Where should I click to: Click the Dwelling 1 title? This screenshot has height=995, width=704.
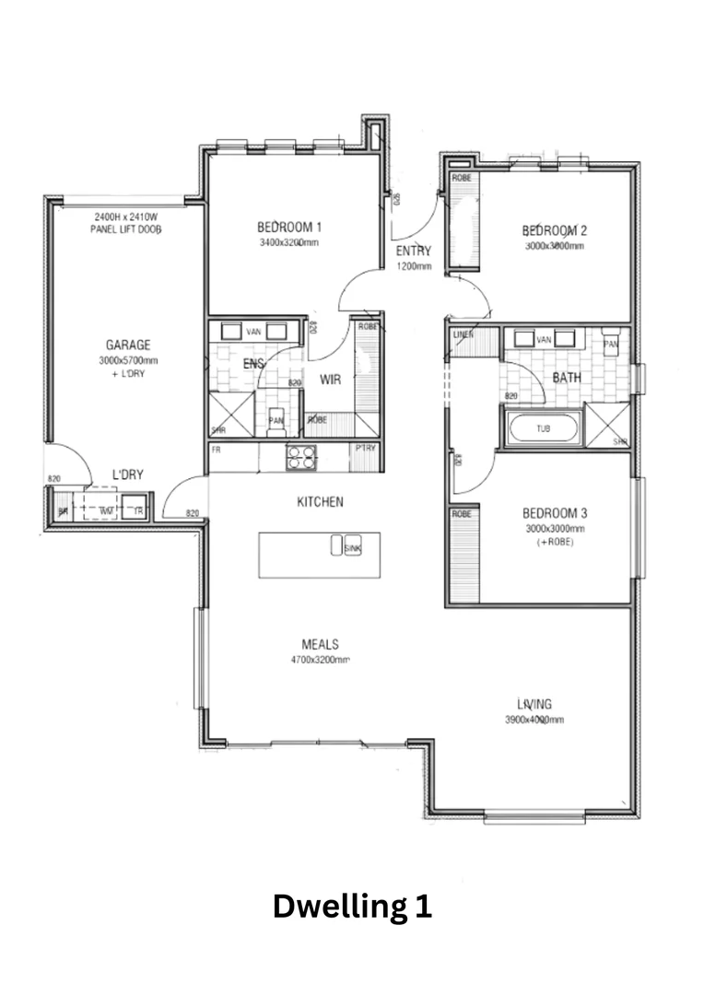point(352,907)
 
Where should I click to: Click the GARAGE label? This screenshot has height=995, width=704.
point(128,345)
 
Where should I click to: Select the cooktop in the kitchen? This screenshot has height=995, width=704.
point(300,457)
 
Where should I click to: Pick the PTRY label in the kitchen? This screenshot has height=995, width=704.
point(364,449)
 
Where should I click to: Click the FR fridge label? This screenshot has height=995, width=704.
point(217,450)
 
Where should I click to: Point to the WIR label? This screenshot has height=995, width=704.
point(331,379)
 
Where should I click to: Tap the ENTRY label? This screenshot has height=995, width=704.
point(414,251)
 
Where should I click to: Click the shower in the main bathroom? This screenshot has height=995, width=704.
point(608,426)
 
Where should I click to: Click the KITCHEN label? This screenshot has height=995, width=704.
point(320,502)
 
